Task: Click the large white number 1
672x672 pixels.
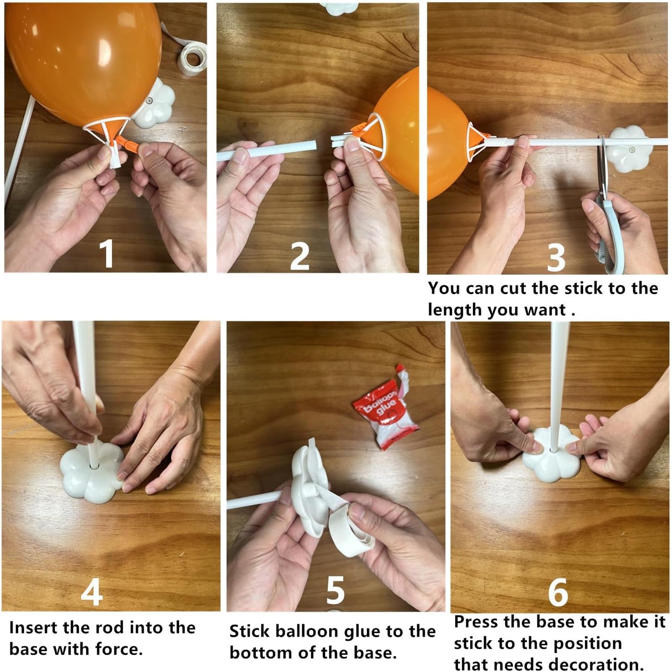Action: pos(107,254)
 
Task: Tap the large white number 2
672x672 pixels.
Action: pos(299,256)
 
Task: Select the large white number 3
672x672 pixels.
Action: pos(556,257)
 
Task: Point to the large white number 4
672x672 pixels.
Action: pos(92,592)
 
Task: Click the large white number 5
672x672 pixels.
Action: pos(335,590)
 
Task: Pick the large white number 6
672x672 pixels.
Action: pos(558,592)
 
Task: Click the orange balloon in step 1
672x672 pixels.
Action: pos(84,60)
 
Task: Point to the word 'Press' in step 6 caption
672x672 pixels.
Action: pos(476,622)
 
